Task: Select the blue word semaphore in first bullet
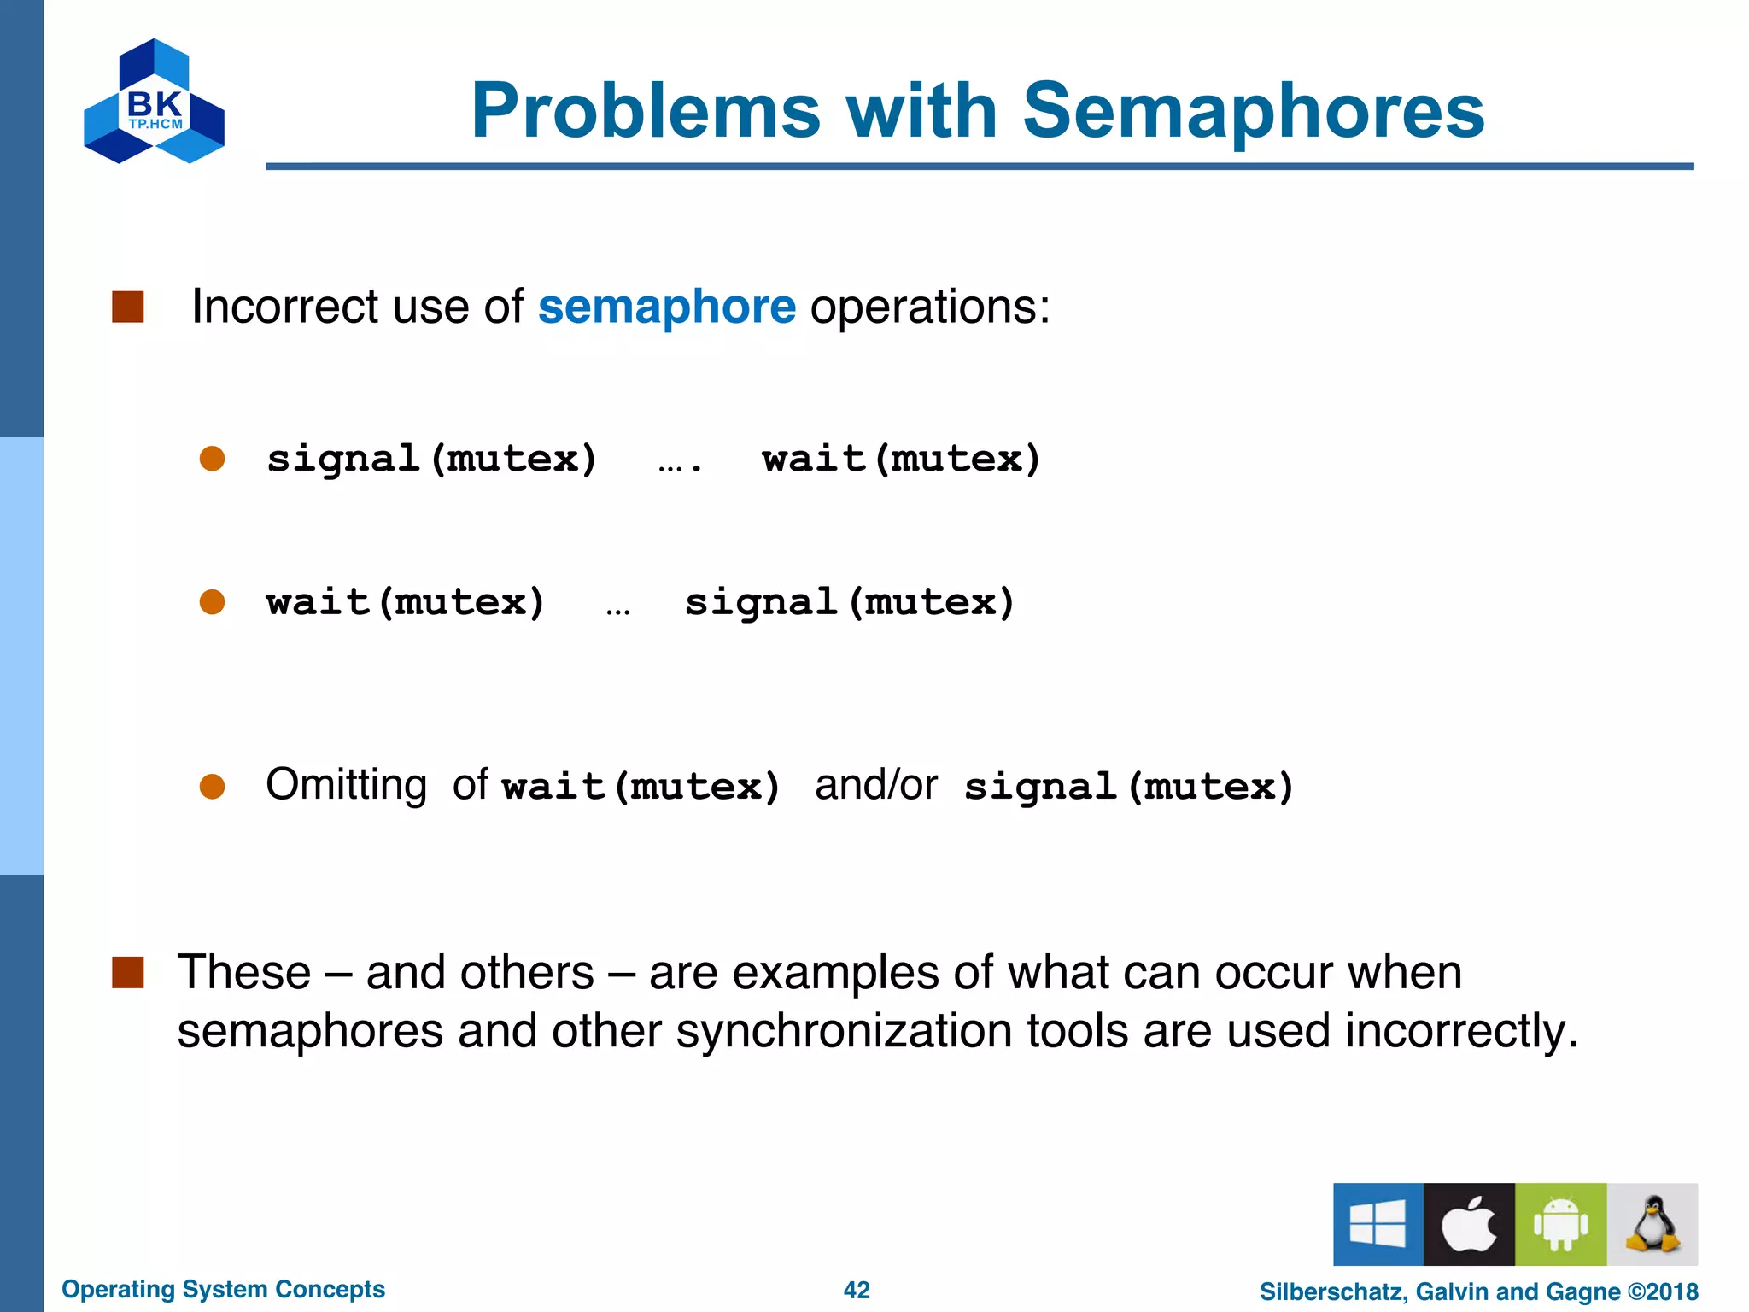coord(666,307)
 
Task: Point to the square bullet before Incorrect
coord(128,307)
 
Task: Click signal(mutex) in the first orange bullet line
coord(431,459)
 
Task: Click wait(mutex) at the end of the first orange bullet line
coord(901,459)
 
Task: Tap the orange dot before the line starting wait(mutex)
coord(212,602)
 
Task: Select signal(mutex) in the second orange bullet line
coord(850,602)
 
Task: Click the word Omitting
coord(346,784)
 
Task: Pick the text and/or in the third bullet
coord(875,784)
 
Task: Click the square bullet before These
coord(128,972)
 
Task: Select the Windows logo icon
coord(1378,1224)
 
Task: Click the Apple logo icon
coord(1469,1224)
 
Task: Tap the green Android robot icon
coord(1560,1224)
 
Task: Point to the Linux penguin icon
coord(1652,1224)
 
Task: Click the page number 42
coord(857,1290)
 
